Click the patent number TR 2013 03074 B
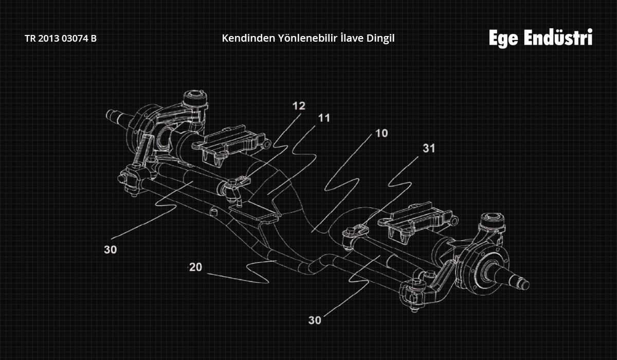click(61, 38)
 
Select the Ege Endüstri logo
click(541, 38)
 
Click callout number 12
click(299, 106)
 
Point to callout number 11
click(324, 118)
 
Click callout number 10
click(382, 133)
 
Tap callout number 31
click(429, 148)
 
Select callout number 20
click(195, 267)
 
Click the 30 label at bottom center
click(315, 320)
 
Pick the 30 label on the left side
click(110, 249)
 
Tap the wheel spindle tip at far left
click(111, 115)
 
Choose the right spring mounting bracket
click(418, 221)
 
